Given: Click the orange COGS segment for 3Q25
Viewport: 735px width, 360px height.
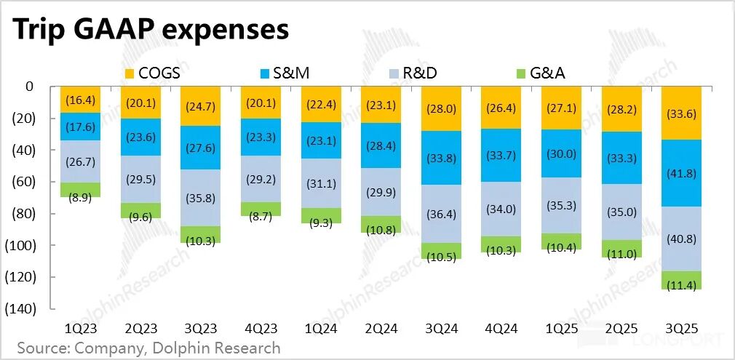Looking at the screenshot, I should coord(680,113).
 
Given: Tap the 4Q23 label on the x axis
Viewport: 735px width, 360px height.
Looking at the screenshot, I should coord(260,329).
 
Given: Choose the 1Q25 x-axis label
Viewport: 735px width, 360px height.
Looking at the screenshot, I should coord(560,329).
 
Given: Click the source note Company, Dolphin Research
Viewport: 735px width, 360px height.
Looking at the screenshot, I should coord(149,348).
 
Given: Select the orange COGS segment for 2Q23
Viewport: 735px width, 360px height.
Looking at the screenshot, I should coord(140,102).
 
